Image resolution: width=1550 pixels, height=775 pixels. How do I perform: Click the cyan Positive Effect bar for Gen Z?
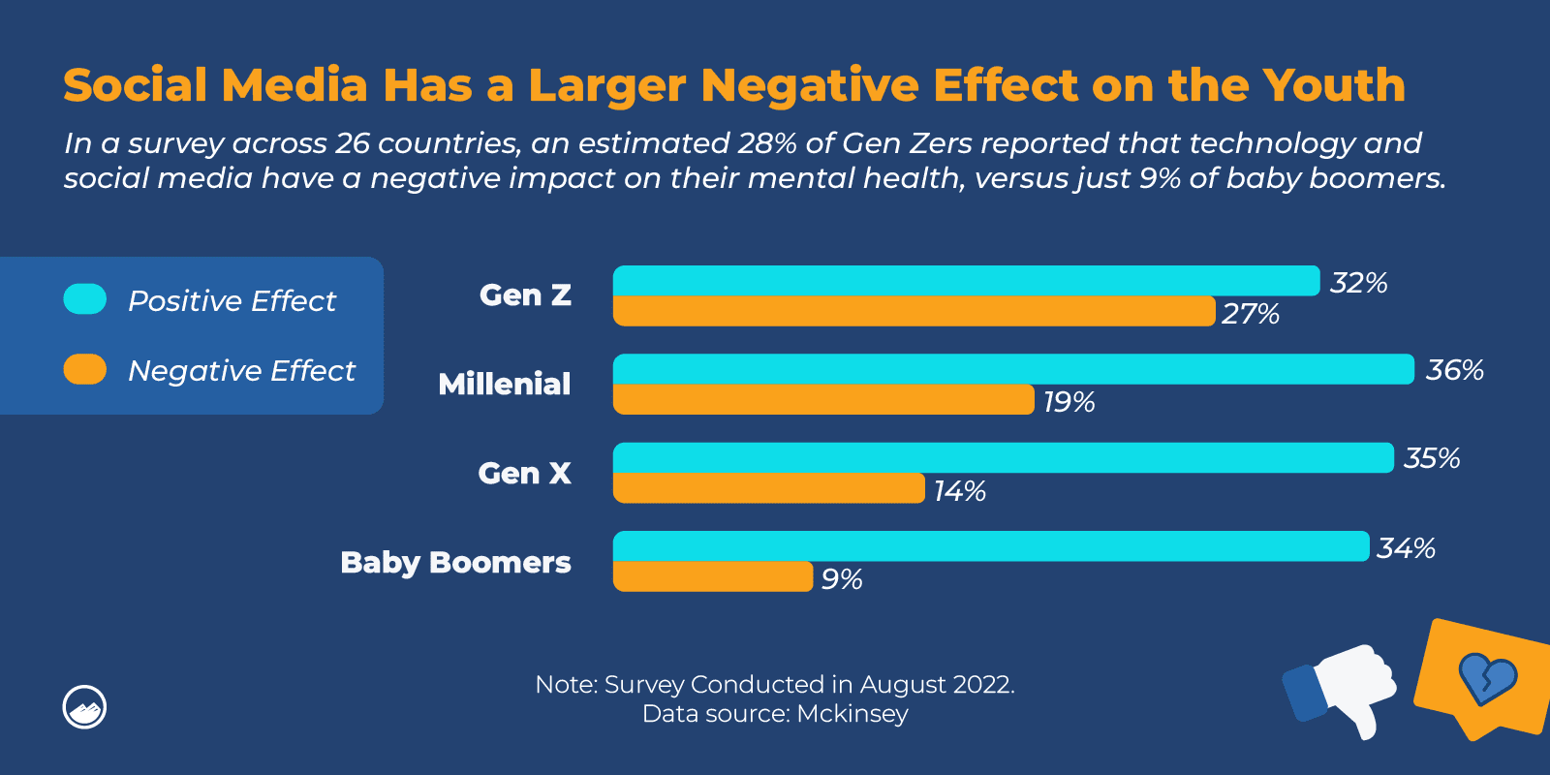(966, 281)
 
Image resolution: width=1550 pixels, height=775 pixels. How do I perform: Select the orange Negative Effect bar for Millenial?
(823, 399)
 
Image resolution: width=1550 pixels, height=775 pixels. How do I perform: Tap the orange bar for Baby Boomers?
(713, 576)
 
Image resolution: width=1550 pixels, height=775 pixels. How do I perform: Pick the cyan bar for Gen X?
(1003, 458)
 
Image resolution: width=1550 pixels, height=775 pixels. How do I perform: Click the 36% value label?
(1454, 370)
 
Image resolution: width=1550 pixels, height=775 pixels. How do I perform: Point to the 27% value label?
(1250, 314)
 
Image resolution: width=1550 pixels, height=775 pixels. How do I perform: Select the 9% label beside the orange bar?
(842, 579)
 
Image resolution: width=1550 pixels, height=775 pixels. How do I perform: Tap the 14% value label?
(959, 491)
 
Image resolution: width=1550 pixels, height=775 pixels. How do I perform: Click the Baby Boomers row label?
(455, 563)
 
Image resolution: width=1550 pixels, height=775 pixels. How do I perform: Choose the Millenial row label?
(504, 385)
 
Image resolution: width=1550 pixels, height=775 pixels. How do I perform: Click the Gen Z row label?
(525, 295)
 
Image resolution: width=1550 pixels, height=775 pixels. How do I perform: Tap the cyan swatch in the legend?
(85, 299)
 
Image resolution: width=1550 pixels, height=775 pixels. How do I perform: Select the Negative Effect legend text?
(241, 371)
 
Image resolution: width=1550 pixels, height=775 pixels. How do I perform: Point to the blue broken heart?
(1487, 678)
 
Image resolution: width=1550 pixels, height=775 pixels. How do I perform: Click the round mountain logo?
(84, 708)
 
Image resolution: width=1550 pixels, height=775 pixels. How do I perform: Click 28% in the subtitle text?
(766, 143)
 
